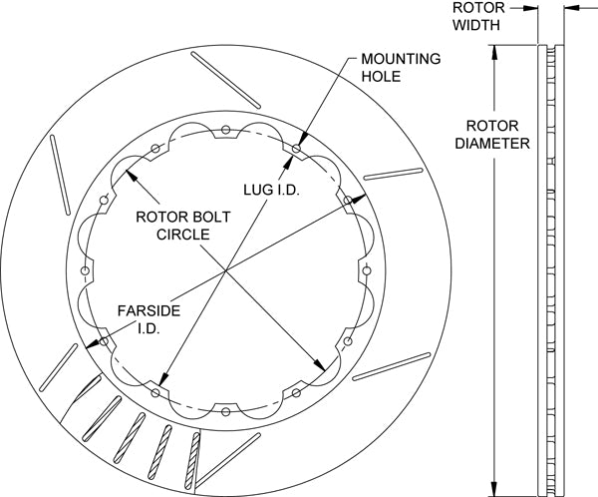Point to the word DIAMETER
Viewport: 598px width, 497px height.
coord(492,143)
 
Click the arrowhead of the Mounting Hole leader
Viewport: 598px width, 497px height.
coord(299,148)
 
